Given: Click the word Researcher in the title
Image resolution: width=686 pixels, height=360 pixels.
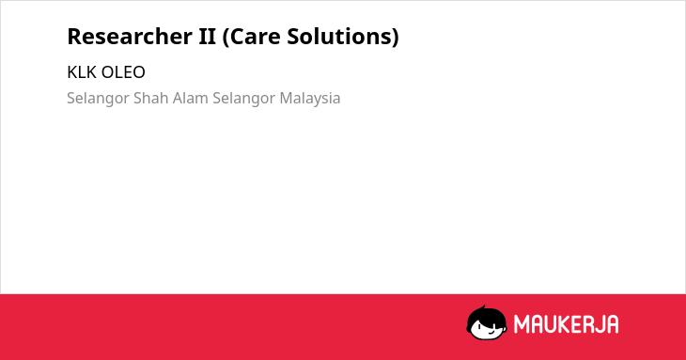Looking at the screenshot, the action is click(x=129, y=37).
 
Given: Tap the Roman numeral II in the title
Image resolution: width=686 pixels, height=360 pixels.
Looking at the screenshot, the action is click(x=208, y=37).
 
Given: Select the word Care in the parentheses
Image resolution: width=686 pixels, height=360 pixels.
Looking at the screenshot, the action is click(x=251, y=37).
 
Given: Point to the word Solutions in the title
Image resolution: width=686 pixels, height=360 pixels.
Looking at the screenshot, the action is click(x=339, y=37).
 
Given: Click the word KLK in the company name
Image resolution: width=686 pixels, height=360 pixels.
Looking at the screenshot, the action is click(x=82, y=72).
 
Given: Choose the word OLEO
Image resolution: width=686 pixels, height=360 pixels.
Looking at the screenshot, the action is click(x=123, y=72).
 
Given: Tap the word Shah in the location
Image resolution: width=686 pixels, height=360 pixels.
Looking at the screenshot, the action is click(x=151, y=98).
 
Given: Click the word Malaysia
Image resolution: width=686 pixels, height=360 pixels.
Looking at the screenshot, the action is click(x=310, y=99).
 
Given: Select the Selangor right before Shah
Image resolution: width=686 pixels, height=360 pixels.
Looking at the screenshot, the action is click(x=98, y=99).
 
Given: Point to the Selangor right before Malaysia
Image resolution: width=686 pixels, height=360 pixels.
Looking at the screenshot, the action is click(x=243, y=99).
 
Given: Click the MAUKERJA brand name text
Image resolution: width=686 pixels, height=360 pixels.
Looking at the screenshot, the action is click(x=566, y=324).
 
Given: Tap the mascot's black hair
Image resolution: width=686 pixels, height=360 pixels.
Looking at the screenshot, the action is click(x=486, y=316).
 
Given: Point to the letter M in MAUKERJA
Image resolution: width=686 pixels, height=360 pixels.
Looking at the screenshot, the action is click(x=521, y=324).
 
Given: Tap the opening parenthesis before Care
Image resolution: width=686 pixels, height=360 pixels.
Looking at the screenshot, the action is click(x=226, y=38).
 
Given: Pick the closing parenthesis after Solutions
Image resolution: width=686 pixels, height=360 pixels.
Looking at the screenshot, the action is click(x=396, y=38).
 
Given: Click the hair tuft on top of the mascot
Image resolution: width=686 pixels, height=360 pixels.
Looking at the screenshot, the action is click(x=483, y=307).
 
